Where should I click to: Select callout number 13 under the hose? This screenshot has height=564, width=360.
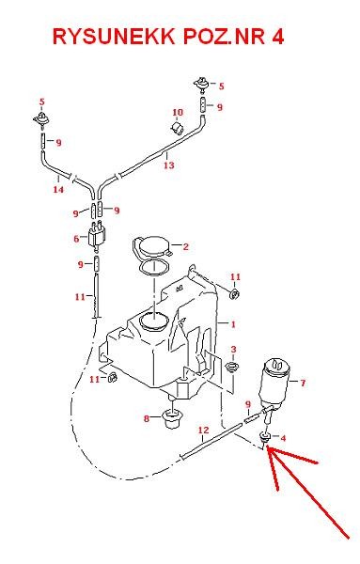point(169,165)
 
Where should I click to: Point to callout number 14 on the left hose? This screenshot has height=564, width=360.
point(58,189)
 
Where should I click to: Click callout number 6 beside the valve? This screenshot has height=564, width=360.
point(77,240)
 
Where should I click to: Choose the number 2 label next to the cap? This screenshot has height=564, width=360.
point(186,247)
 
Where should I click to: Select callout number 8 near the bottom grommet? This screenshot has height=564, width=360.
point(147,418)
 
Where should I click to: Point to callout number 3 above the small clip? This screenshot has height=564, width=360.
point(233,350)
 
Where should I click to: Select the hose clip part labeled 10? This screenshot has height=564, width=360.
point(176,127)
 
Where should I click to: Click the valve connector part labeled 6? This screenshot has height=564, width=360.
point(96,237)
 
